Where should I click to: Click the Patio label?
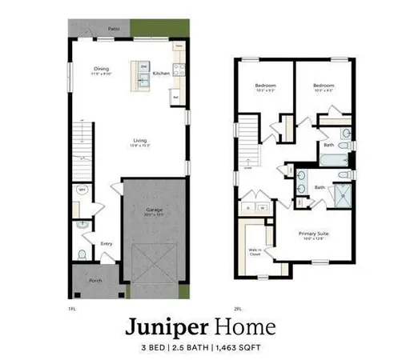114,28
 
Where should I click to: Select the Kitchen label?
161,74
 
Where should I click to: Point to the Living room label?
139,143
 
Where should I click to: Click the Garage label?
154,212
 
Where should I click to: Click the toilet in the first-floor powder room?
82,254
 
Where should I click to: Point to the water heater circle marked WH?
81,190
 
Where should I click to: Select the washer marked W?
261,206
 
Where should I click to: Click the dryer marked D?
248,206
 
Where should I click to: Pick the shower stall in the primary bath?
343,194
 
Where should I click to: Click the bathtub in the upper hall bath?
331,158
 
